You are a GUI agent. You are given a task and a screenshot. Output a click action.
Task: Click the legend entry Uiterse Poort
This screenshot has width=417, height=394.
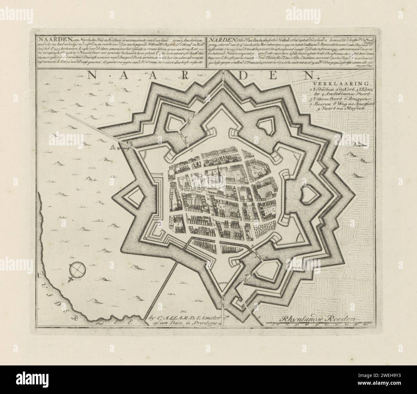click(x=327, y=99)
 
